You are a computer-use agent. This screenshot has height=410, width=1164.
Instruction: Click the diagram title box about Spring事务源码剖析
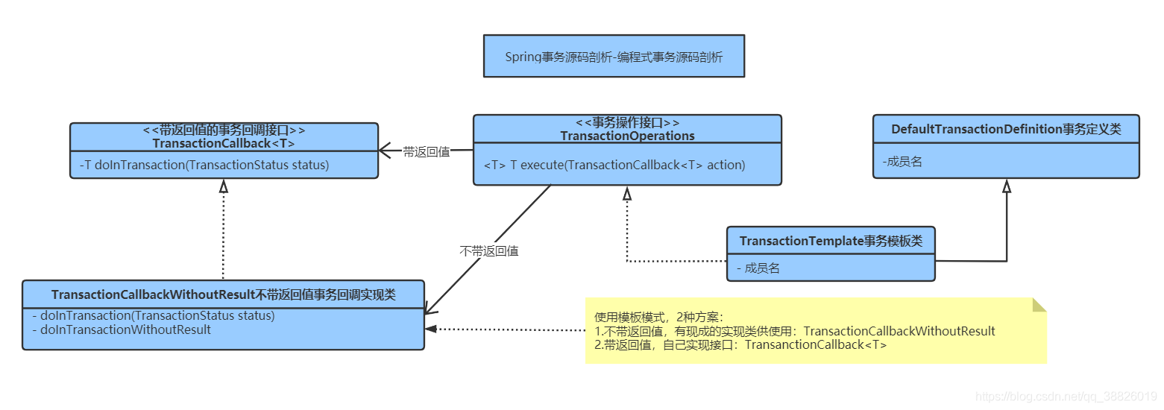613,57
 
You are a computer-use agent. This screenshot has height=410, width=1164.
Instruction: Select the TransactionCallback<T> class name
224,143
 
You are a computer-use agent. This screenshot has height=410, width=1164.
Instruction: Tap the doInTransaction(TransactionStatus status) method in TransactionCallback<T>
204,165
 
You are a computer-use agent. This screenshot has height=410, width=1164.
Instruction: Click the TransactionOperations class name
627,136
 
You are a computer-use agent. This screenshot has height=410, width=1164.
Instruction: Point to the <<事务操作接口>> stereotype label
627,123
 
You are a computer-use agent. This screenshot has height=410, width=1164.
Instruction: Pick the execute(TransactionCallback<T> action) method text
614,165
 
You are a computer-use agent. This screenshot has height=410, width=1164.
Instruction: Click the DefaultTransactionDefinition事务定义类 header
1006,129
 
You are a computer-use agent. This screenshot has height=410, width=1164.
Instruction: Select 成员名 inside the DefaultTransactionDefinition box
902,161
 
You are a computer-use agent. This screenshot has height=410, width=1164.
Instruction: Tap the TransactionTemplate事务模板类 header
831,241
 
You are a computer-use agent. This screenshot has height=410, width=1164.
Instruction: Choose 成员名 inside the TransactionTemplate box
758,268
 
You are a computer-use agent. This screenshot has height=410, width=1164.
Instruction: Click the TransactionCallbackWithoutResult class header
224,295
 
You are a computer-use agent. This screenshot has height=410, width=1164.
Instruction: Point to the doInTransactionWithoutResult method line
121,329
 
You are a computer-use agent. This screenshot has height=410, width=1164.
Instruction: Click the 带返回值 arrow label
426,151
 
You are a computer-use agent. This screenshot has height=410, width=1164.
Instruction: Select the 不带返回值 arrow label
488,251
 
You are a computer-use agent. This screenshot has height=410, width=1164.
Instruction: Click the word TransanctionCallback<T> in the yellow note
816,344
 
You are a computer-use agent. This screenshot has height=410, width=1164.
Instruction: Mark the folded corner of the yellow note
1039,305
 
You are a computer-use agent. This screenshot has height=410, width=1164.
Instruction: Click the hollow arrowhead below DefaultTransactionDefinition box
1006,186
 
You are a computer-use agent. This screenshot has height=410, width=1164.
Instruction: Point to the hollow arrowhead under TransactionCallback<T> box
223,186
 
